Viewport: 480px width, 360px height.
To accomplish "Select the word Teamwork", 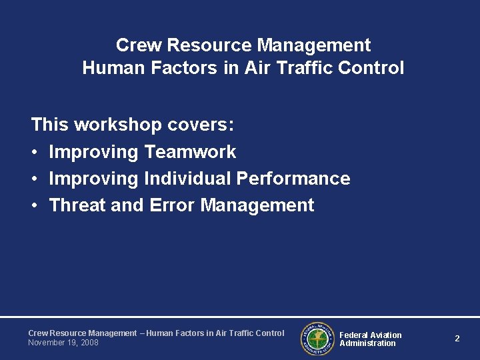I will tap(190, 152).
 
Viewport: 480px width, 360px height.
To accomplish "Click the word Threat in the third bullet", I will tap(78, 205).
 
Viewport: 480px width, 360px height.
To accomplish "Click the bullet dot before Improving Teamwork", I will tap(35, 153).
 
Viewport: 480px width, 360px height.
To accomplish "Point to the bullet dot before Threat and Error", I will tap(35, 206).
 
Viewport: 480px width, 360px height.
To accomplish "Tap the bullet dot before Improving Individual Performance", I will tap(35, 179).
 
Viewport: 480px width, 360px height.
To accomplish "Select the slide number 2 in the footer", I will tap(457, 339).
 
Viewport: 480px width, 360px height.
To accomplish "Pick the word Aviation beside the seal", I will tap(386, 335).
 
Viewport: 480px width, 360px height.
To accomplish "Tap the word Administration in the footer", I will tap(367, 343).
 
